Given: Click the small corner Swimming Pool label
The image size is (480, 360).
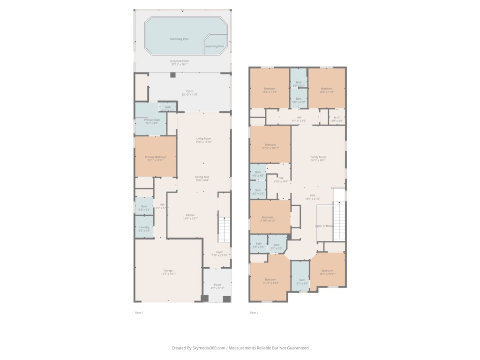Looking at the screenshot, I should pos(215,46).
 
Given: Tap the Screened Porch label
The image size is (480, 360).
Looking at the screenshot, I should pos(180,61).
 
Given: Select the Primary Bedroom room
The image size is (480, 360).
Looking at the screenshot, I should pos(156,157).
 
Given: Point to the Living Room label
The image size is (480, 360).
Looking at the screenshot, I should pos(203,139).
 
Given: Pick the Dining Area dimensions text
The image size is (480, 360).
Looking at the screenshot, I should pos(202,180).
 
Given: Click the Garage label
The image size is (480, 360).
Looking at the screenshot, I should pos(168,270).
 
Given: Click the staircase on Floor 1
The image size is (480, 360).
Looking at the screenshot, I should pos(225,230).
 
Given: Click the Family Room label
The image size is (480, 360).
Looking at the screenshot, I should pos(318,157).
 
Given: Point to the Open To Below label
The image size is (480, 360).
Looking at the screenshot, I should pos(324,225).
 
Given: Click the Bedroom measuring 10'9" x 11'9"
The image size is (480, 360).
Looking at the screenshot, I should pos(327,89).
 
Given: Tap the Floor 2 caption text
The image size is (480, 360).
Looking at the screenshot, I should pos(254,313).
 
